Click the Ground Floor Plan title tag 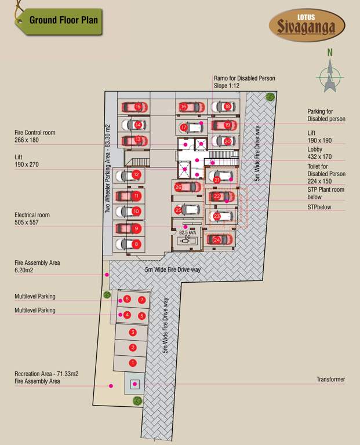coord(64,20)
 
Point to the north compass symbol coord(330,74)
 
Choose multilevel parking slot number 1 coord(133,363)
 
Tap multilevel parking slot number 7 coord(141,300)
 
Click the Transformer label coord(330,380)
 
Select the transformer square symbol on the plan coord(135,384)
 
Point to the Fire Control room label coord(35,136)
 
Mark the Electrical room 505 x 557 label coord(32,218)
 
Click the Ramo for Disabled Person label coord(244,82)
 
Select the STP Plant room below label coord(326,193)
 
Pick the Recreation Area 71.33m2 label coord(46,378)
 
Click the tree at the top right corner coord(270,97)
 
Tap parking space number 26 coord(179,187)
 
